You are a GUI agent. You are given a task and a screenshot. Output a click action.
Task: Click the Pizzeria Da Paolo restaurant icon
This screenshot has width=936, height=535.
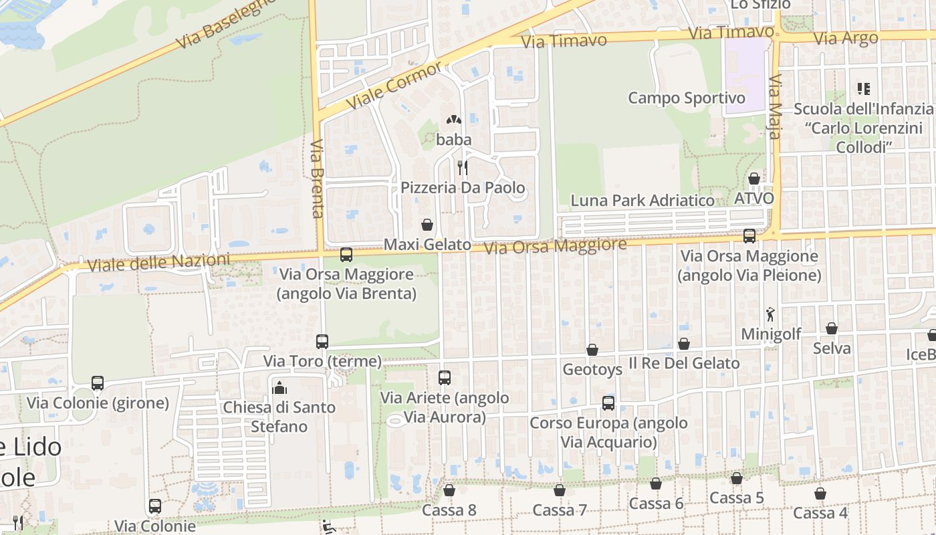point(462,167)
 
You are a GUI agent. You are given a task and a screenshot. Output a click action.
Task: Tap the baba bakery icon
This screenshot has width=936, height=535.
point(454,120)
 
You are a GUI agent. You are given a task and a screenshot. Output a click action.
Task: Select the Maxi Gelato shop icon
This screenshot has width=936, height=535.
point(427,225)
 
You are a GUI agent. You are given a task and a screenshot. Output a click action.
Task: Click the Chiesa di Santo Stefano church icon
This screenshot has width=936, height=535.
point(279,387)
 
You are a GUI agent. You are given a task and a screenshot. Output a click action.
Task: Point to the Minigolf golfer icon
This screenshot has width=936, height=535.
point(770,314)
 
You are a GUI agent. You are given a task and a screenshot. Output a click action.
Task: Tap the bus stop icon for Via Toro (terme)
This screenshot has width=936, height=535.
point(322,341)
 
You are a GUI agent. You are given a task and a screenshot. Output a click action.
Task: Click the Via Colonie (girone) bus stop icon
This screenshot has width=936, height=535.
point(98,383)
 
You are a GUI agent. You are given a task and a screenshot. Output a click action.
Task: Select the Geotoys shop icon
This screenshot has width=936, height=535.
point(592,350)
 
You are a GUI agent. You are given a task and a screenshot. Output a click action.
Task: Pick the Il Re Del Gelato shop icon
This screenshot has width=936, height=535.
point(684,344)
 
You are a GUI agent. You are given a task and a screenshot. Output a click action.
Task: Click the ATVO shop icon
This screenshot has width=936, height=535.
point(754,179)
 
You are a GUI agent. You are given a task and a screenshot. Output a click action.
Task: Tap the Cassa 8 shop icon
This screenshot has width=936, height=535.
point(449,490)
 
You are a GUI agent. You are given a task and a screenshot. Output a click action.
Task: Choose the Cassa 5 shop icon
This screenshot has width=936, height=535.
point(737,478)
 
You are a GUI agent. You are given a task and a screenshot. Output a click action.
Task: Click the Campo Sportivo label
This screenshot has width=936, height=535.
point(686,98)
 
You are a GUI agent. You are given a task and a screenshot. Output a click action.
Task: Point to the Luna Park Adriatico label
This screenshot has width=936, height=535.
point(642,200)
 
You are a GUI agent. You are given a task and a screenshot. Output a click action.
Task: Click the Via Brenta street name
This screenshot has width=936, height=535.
point(318,178)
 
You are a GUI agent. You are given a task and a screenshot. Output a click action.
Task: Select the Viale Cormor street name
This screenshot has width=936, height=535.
point(394,87)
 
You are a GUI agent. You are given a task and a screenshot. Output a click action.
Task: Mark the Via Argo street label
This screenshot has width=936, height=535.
point(846,38)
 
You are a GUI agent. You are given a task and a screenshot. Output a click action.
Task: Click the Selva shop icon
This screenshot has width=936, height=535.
point(832,328)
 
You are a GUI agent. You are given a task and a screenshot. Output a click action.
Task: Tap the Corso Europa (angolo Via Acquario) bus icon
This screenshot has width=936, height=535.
point(608,403)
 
